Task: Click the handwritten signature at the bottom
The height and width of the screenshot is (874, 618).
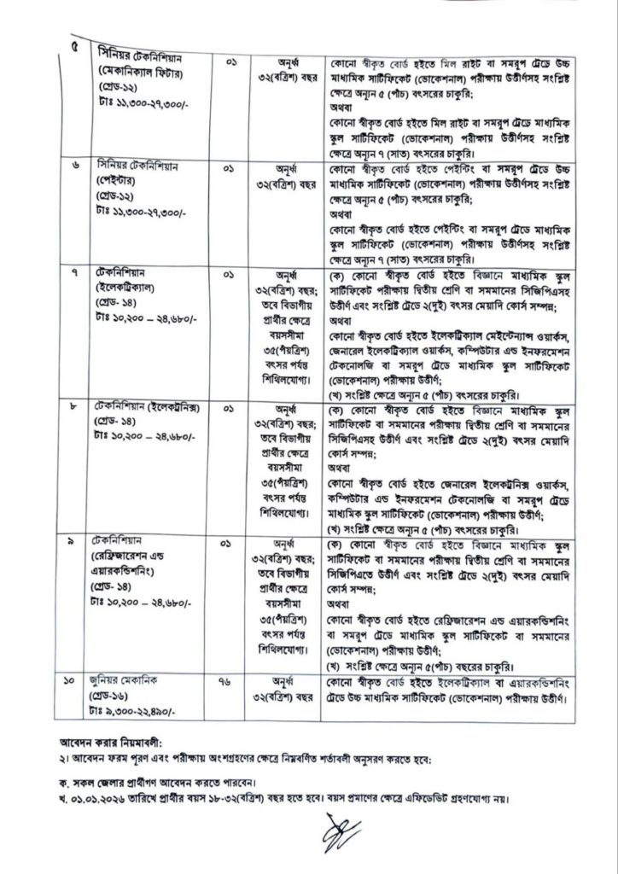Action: (341, 833)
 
